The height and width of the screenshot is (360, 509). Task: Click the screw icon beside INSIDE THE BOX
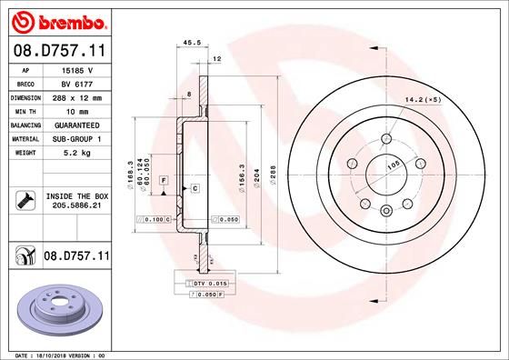(x=22, y=199)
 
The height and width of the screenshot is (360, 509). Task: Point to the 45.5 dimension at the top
(x=192, y=42)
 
